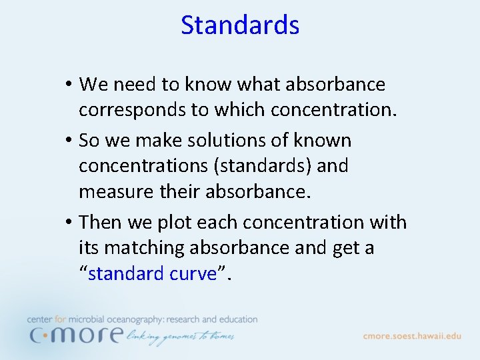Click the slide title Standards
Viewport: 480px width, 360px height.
(240, 25)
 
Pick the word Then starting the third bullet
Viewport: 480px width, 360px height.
(101, 223)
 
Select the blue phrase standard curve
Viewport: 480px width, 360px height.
(152, 274)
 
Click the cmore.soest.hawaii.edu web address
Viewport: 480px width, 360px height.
(412, 336)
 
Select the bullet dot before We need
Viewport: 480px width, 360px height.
(69, 85)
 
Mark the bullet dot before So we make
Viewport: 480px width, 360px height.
(69, 141)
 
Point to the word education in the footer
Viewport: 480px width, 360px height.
(235, 320)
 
